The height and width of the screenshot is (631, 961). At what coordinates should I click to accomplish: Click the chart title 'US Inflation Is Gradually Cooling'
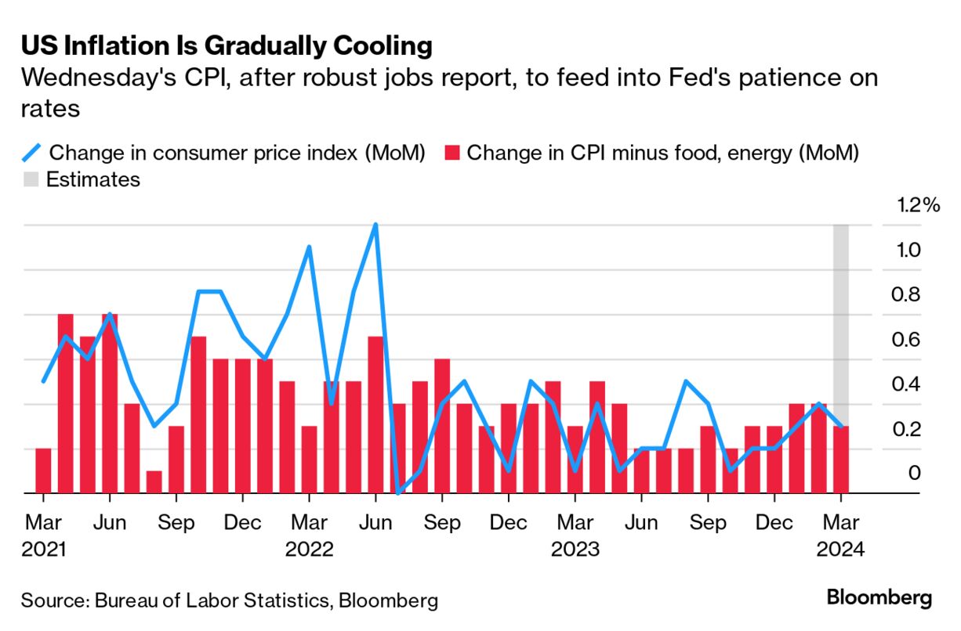tap(227, 46)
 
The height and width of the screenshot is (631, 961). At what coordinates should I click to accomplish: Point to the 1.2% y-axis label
tap(918, 206)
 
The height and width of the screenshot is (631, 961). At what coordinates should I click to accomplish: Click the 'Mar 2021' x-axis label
tap(44, 535)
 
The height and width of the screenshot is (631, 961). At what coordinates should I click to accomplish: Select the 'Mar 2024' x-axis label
tap(841, 535)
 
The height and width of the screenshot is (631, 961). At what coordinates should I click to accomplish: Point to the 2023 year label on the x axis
tap(575, 549)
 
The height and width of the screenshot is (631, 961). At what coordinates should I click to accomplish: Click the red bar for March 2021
tap(43, 471)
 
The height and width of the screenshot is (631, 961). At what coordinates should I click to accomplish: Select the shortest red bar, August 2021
tap(154, 482)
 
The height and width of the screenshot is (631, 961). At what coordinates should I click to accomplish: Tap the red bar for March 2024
tap(841, 460)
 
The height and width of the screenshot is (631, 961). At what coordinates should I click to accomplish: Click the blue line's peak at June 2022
tap(375, 225)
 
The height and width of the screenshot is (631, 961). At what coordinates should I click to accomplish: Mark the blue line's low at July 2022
tap(398, 492)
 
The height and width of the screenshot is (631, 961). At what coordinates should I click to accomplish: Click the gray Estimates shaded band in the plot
tap(841, 313)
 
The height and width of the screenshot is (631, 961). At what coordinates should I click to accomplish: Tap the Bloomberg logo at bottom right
tap(879, 598)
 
